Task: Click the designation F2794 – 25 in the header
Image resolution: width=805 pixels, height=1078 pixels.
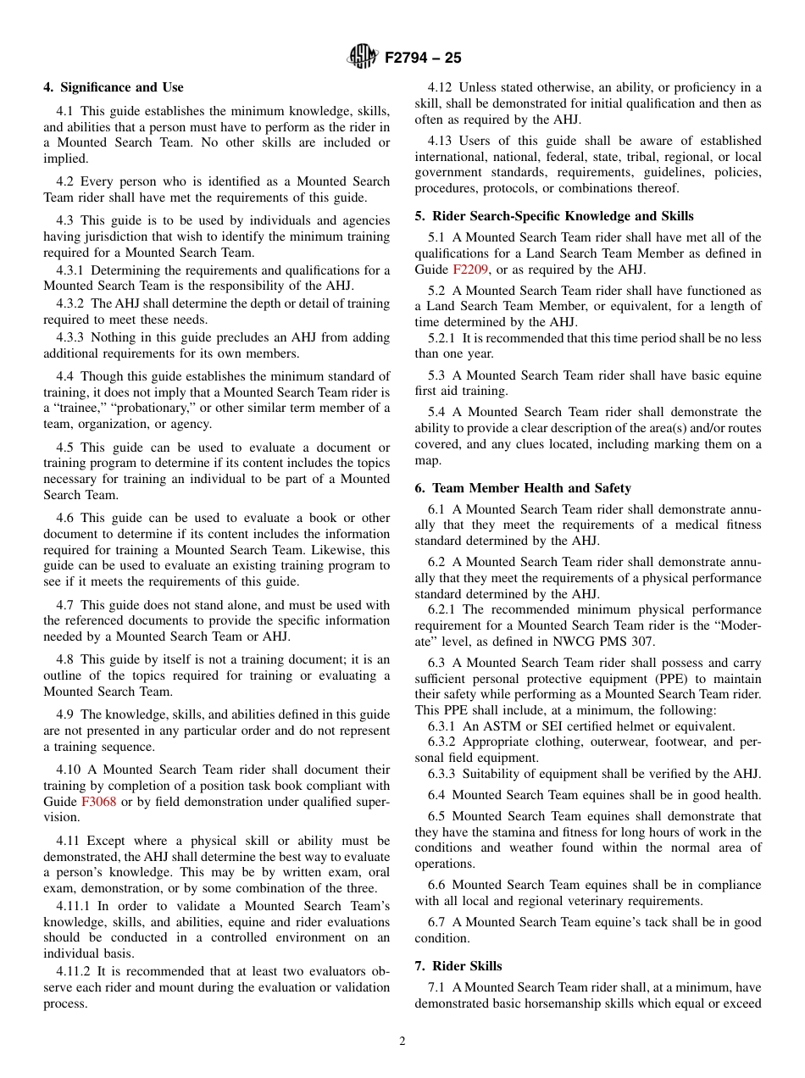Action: pyautogui.click(x=423, y=58)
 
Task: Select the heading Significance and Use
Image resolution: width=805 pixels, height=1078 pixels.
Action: pyautogui.click(x=114, y=87)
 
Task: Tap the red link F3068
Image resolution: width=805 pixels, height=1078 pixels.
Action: pyautogui.click(x=97, y=802)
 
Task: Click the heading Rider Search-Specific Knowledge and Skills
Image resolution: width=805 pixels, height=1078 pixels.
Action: pyautogui.click(x=554, y=216)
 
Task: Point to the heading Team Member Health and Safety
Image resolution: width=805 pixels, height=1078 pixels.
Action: pyautogui.click(x=523, y=488)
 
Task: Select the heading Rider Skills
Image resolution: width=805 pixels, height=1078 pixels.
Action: pyautogui.click(x=458, y=966)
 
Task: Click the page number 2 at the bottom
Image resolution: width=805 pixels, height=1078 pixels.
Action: pyautogui.click(x=402, y=1042)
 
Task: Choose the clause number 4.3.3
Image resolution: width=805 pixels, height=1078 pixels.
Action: pyautogui.click(x=70, y=337)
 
